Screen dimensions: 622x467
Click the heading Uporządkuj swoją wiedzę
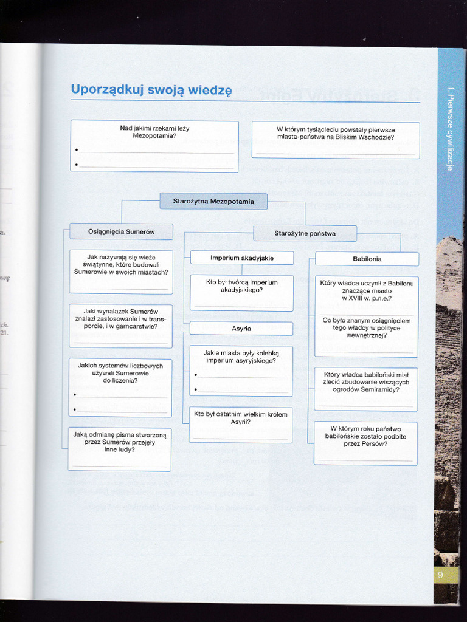point(151,90)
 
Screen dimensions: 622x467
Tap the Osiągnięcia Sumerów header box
point(121,231)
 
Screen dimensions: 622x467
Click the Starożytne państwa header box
point(305,233)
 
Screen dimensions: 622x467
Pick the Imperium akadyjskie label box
point(242,258)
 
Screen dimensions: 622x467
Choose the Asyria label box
point(241,329)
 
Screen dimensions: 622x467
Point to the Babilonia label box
point(367,259)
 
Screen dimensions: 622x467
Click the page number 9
point(440,575)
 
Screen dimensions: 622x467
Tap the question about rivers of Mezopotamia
point(154,132)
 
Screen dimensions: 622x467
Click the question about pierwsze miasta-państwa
point(336,134)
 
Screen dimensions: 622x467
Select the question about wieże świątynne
point(121,264)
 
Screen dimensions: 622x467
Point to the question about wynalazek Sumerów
point(120,319)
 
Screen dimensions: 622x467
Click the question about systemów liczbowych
point(120,373)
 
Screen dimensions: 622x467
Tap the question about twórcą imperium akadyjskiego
point(241,286)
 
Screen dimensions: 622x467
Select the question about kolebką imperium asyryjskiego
point(241,357)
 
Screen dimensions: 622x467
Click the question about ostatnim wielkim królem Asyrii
point(241,418)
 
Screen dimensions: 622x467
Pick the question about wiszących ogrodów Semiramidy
point(366,381)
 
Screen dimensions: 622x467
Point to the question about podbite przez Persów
point(365,436)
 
